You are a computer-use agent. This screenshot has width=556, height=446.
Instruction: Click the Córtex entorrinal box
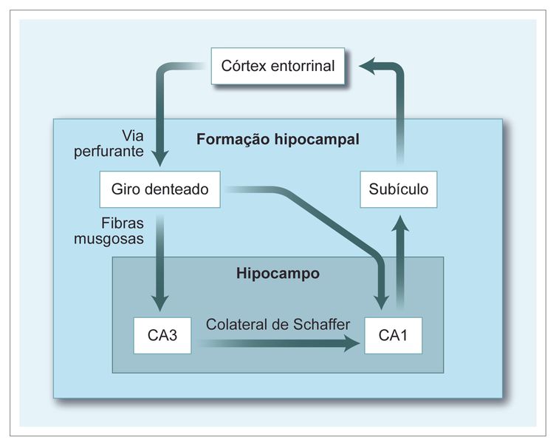278,67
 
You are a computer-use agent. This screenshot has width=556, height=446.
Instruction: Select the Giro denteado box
161,189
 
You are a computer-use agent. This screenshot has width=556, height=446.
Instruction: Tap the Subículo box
398,189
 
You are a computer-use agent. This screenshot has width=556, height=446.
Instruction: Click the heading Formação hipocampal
278,139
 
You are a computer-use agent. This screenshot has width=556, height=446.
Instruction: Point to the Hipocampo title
278,273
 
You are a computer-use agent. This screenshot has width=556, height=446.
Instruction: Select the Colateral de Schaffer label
277,324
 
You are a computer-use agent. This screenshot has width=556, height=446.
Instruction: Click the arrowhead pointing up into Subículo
399,223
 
